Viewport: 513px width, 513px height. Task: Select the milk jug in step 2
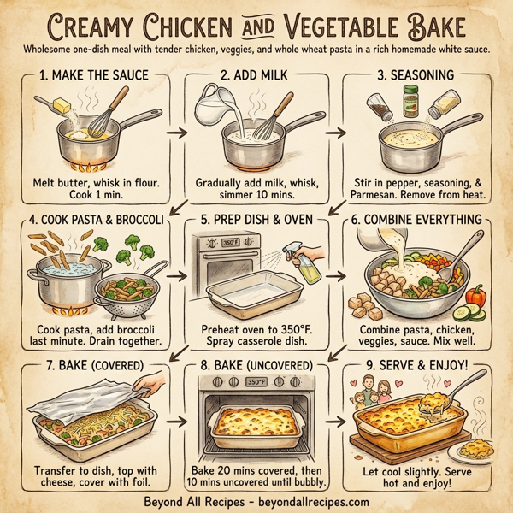pos(210,106)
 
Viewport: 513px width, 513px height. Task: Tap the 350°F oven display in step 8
pos(255,383)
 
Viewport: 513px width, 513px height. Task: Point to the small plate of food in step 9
pos(475,448)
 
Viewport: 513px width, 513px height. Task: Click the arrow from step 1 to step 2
pos(174,133)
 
